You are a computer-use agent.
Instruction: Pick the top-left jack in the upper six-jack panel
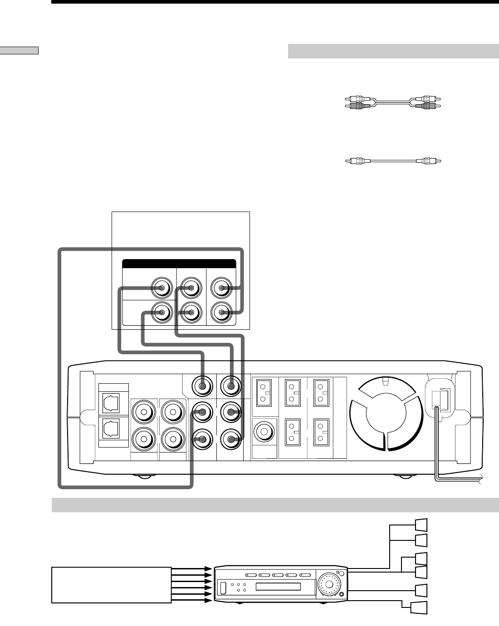pyautogui.click(x=161, y=288)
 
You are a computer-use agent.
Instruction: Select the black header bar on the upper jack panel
pyautogui.click(x=179, y=264)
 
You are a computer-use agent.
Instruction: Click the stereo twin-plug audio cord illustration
pyautogui.click(x=393, y=101)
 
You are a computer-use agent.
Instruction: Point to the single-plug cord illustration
pyautogui.click(x=393, y=160)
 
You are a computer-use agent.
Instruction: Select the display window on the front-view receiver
pyautogui.click(x=278, y=587)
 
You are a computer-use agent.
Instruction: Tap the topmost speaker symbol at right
pyautogui.click(x=421, y=524)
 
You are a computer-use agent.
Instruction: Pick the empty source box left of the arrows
pyautogui.click(x=112, y=585)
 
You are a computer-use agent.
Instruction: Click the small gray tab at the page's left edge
pyautogui.click(x=20, y=50)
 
